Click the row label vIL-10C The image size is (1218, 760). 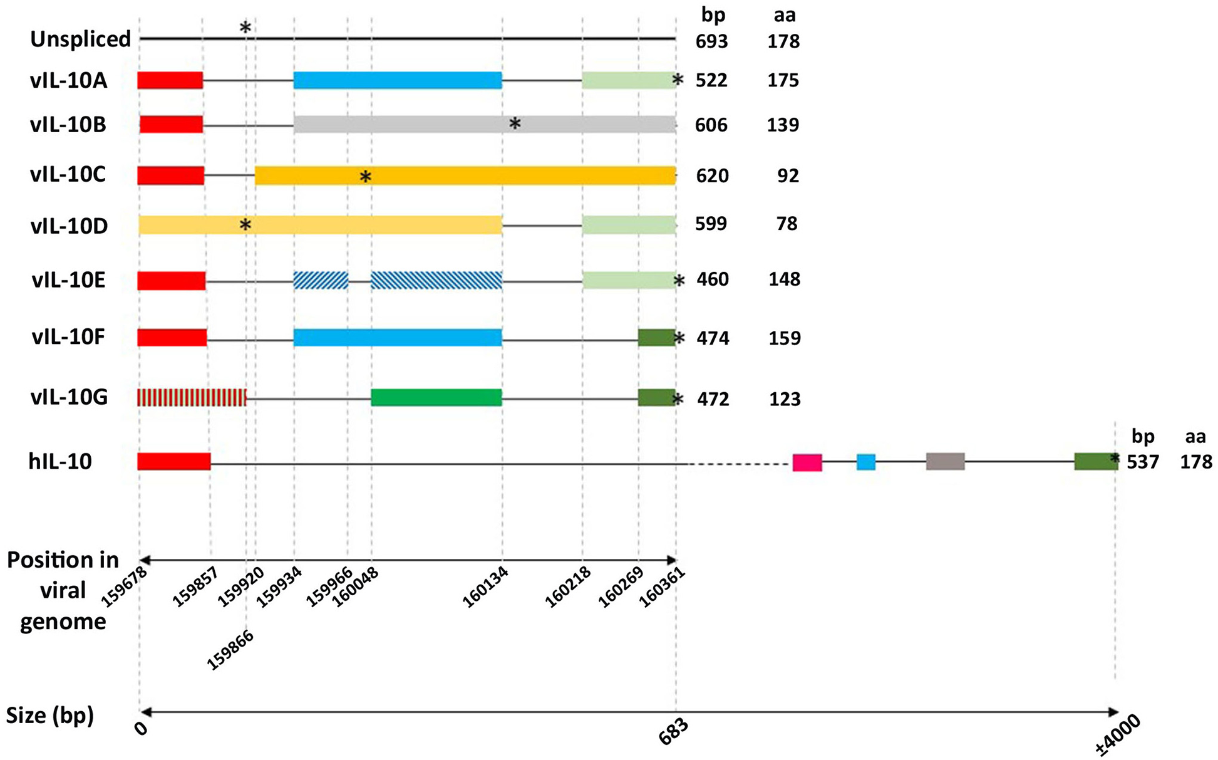[68, 175]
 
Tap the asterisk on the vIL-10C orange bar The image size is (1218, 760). [366, 177]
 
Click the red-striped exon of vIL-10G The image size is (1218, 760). [192, 397]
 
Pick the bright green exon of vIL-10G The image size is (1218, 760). [436, 397]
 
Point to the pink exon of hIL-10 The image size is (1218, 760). [807, 462]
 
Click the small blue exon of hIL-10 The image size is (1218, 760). [865, 462]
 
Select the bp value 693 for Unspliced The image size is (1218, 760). [712, 42]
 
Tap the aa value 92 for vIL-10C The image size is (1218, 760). [788, 176]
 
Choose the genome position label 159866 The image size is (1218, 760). [230, 651]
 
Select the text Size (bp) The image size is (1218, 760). [50, 715]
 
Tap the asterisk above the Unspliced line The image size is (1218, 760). [245, 28]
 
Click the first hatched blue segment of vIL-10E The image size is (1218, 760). [321, 280]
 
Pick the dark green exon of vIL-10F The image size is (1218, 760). [656, 338]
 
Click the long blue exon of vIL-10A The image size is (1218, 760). [398, 80]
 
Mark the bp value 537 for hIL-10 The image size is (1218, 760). [1143, 462]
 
